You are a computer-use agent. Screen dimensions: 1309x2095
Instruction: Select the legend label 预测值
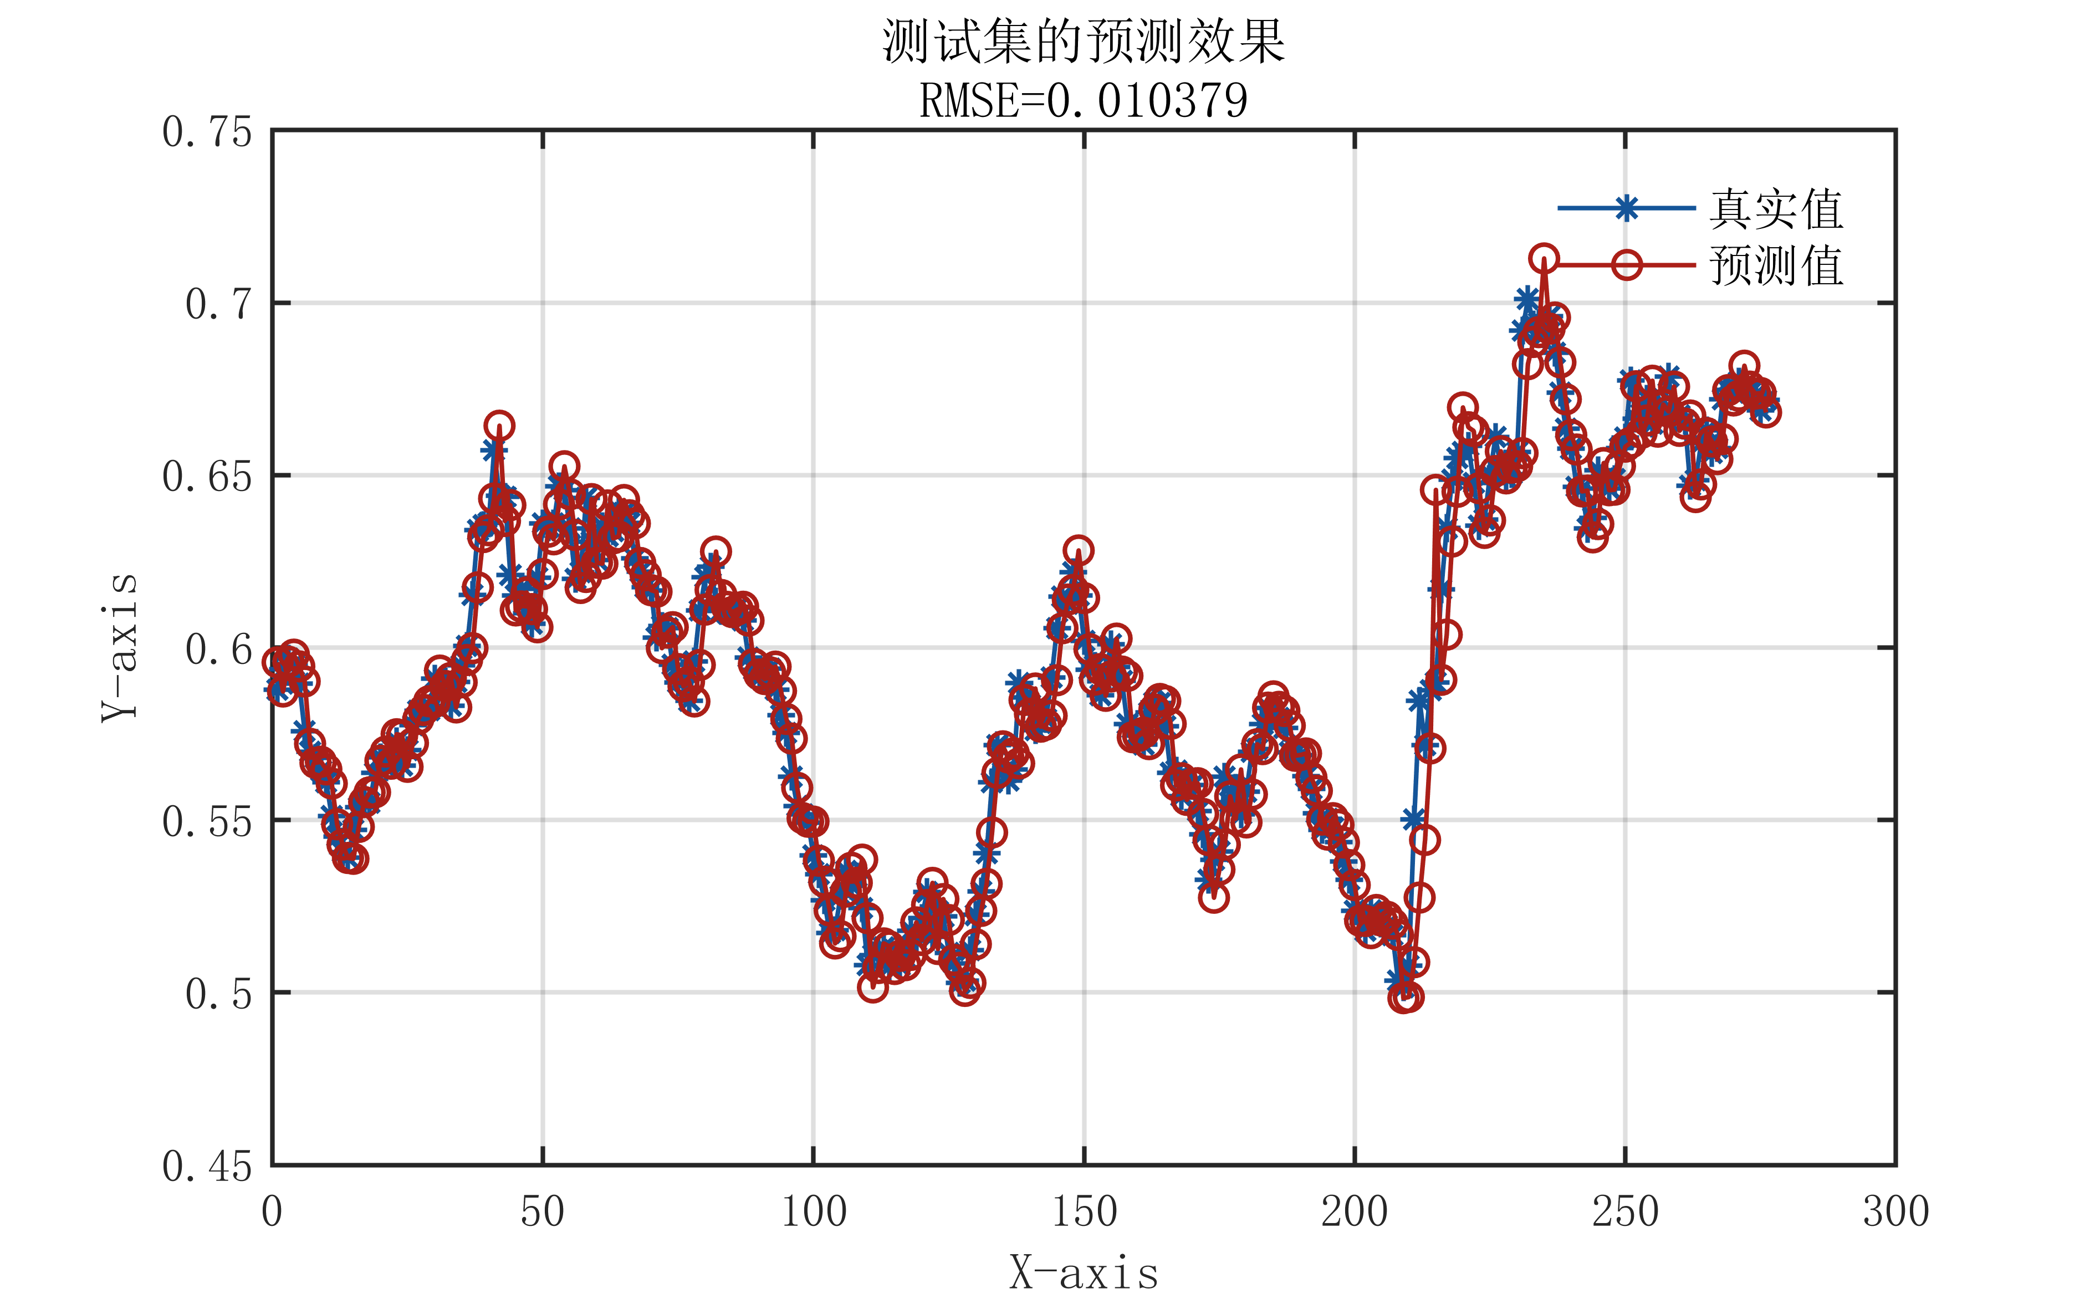[x=1776, y=265]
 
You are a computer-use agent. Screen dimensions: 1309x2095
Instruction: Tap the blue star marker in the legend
[x=1627, y=208]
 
